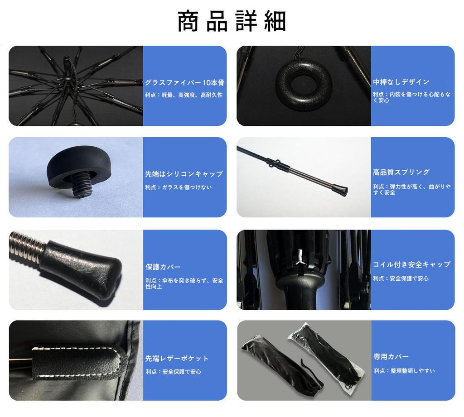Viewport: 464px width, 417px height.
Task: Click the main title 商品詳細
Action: (x=232, y=22)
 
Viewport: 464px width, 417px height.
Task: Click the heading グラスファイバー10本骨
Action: (x=184, y=83)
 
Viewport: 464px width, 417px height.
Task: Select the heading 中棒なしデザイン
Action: (x=401, y=82)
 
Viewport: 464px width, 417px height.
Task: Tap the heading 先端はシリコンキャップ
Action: (x=184, y=174)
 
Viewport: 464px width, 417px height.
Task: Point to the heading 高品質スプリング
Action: (x=401, y=172)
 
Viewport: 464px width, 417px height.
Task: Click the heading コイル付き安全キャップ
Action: (x=411, y=264)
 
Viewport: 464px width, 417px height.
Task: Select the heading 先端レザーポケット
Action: (x=177, y=358)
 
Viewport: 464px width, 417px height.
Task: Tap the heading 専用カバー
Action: (x=391, y=356)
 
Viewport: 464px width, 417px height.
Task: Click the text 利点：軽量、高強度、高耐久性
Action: (x=184, y=95)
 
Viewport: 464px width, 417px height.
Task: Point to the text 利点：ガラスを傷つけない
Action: (x=178, y=187)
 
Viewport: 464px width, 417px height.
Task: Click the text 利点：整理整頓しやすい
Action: (x=404, y=370)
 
